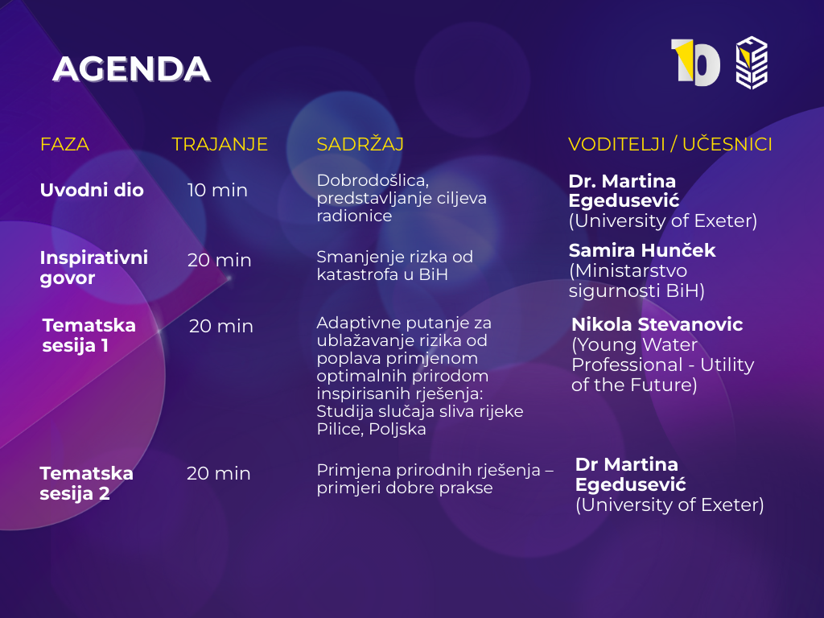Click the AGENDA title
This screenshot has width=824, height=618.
(x=131, y=69)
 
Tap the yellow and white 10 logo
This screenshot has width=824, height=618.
(x=695, y=63)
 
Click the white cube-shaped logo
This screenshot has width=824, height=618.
(x=752, y=63)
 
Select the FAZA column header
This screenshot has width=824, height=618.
(x=64, y=144)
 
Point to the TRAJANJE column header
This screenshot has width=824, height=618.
(x=220, y=144)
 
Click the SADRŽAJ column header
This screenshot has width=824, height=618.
(x=360, y=143)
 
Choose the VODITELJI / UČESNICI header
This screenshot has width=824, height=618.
(x=670, y=144)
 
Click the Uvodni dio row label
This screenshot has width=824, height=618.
(x=92, y=190)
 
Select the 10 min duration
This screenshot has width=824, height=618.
(x=217, y=190)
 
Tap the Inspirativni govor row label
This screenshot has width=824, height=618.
(x=94, y=267)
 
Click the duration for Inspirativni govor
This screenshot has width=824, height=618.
(x=220, y=260)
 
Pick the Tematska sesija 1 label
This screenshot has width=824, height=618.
(x=89, y=336)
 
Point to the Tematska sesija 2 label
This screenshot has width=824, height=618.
(x=86, y=484)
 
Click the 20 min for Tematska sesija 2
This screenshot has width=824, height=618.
(x=219, y=473)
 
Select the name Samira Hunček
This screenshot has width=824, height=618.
(x=642, y=250)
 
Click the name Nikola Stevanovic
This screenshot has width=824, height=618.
(x=657, y=324)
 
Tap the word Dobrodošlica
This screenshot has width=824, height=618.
(x=373, y=180)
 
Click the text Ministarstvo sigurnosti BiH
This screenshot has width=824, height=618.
(x=637, y=281)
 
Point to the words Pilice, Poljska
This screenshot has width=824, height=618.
(x=371, y=429)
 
